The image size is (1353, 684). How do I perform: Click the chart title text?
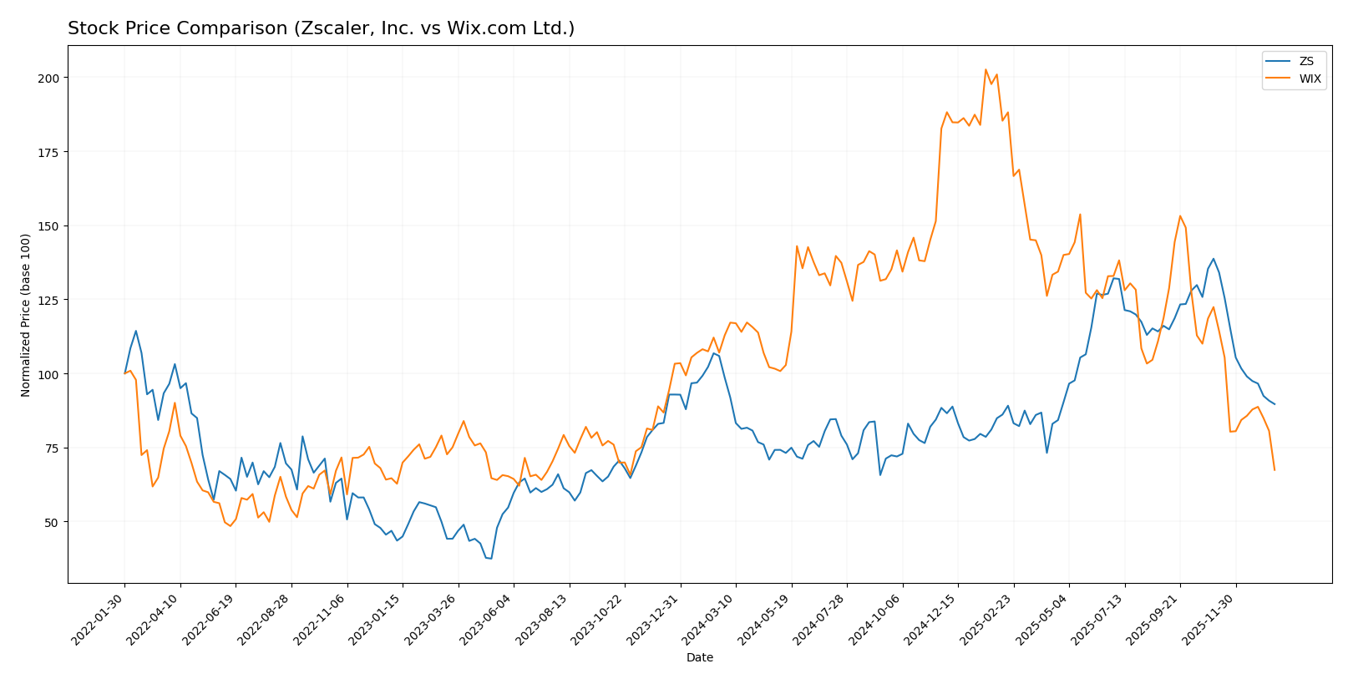click(321, 28)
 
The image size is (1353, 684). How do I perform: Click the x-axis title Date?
click(699, 658)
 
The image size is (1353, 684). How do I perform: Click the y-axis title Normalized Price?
click(25, 315)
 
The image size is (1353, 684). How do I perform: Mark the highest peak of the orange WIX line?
click(986, 69)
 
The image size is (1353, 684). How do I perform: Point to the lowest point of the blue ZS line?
click(491, 559)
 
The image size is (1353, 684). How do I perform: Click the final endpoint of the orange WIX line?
click(1274, 470)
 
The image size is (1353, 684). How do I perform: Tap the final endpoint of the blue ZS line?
click(1274, 404)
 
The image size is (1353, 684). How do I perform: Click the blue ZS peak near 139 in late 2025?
click(1213, 259)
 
